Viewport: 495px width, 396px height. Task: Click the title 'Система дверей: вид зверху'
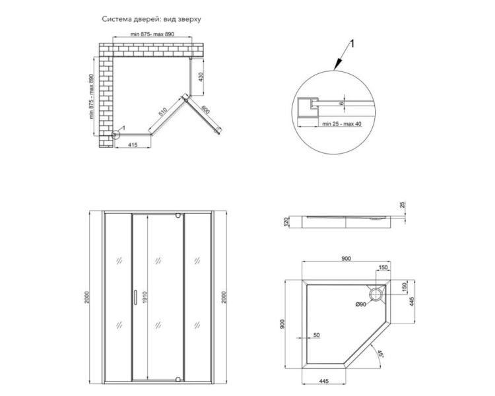[151, 19]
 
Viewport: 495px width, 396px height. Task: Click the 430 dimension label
[201, 77]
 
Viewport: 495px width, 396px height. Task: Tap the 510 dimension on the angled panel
[162, 112]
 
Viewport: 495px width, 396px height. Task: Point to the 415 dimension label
[133, 145]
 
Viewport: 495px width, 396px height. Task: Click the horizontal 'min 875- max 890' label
[152, 34]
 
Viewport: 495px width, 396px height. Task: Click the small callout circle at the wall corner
[115, 135]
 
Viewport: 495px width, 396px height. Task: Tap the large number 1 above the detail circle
[352, 44]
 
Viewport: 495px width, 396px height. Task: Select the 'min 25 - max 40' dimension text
[342, 124]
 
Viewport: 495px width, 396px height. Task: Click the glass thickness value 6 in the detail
[342, 103]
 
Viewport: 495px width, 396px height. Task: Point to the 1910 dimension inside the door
[145, 297]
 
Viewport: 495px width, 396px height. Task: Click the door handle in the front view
[135, 297]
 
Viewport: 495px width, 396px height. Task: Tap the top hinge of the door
[178, 216]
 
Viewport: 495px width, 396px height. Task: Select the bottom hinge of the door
[178, 379]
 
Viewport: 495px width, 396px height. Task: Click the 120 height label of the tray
[286, 222]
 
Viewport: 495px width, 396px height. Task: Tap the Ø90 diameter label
[361, 304]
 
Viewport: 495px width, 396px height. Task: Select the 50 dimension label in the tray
[317, 335]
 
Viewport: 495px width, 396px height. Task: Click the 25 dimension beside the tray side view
[402, 205]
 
